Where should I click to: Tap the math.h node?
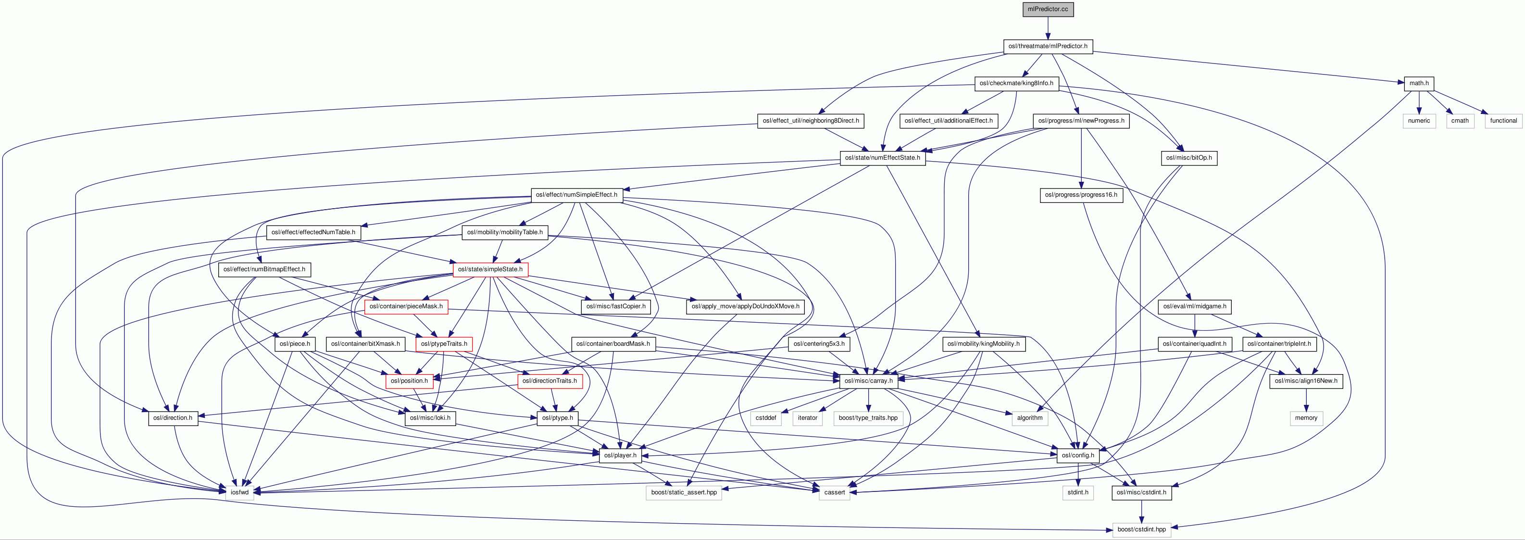click(1418, 84)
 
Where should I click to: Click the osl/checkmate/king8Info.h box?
click(1016, 84)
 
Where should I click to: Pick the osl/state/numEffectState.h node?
click(882, 158)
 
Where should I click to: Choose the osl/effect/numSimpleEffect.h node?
click(576, 195)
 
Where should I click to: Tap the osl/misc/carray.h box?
click(868, 381)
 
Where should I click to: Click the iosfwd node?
click(239, 492)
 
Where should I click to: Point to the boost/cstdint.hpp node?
click(1141, 530)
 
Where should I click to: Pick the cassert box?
click(834, 492)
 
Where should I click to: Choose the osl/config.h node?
click(1077, 455)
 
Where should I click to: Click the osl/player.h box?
click(620, 455)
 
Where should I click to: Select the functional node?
click(1502, 121)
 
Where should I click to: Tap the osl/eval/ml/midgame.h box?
click(1195, 307)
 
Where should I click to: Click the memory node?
click(1305, 418)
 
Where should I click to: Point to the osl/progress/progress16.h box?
click(1080, 195)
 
